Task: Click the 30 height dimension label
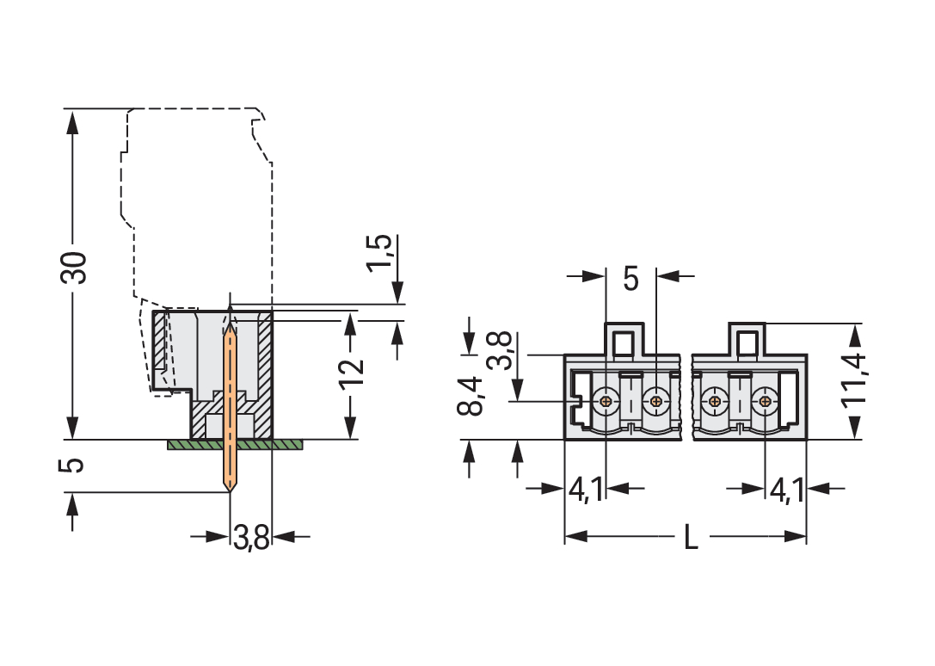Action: point(75,268)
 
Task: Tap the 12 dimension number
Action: point(351,372)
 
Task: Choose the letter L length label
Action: point(691,538)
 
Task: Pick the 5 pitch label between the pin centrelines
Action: point(631,279)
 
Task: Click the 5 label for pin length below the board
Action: point(75,465)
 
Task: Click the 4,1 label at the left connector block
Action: point(586,490)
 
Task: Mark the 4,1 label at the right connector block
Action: point(786,490)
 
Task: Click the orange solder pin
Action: point(230,404)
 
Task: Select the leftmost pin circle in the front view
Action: point(607,400)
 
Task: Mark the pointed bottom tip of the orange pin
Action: point(230,490)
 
